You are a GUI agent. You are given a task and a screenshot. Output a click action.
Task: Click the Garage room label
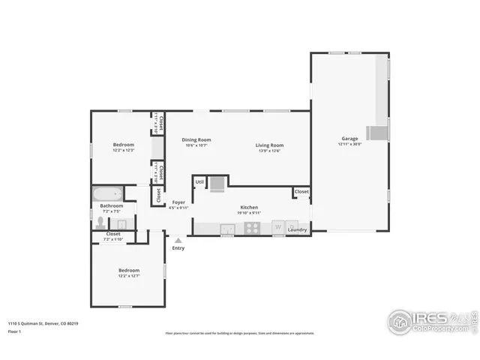(x=349, y=139)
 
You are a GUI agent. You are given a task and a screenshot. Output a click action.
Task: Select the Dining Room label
(x=196, y=139)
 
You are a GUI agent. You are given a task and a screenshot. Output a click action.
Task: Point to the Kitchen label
(x=249, y=207)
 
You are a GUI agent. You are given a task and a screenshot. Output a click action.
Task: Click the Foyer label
(x=178, y=202)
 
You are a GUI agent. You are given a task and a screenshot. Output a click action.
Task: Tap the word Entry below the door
(x=178, y=248)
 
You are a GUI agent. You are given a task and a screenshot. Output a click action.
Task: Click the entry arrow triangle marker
(x=178, y=240)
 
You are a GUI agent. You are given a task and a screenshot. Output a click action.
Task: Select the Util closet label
(x=199, y=181)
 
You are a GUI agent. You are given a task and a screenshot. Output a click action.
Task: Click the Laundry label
(x=297, y=229)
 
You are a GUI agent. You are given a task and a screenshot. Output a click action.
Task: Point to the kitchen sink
(x=227, y=228)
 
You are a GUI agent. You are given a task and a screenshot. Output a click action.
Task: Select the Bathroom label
(x=112, y=205)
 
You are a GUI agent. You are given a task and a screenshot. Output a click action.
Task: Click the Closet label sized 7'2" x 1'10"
(x=113, y=234)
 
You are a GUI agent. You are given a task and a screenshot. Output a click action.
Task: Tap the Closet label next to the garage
(x=301, y=192)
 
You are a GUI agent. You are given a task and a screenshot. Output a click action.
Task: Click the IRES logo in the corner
(x=427, y=320)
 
